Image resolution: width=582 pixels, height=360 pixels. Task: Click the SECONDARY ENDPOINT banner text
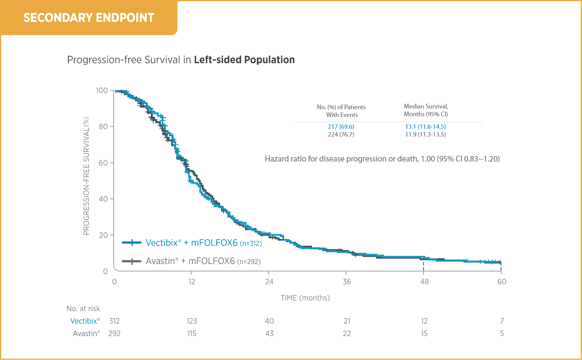(x=89, y=18)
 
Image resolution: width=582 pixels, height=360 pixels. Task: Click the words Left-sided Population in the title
(x=244, y=60)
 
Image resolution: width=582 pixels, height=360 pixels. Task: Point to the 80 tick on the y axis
(x=103, y=127)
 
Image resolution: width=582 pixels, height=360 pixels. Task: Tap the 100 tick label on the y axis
(x=102, y=90)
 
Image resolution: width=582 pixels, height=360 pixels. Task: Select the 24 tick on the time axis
(x=269, y=282)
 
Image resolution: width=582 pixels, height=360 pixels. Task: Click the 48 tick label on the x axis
(x=424, y=282)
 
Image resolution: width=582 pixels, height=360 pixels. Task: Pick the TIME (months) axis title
(x=305, y=298)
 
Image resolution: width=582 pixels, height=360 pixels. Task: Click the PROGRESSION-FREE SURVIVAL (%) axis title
(x=86, y=176)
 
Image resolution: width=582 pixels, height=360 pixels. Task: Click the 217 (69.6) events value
(x=341, y=127)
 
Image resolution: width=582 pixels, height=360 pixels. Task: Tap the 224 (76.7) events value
(x=341, y=135)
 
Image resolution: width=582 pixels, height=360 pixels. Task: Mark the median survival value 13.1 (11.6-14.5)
(x=425, y=127)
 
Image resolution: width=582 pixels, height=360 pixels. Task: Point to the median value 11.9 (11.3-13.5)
(x=425, y=135)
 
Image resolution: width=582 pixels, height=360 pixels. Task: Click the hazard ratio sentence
(x=382, y=159)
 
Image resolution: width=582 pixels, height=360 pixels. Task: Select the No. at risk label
(x=83, y=309)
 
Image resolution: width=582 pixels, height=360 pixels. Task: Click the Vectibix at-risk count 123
(x=192, y=321)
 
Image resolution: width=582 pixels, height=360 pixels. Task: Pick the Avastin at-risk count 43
(x=269, y=333)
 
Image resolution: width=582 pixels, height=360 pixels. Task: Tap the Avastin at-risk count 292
(x=114, y=333)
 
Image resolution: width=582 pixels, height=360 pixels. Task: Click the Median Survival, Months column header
(x=426, y=110)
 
